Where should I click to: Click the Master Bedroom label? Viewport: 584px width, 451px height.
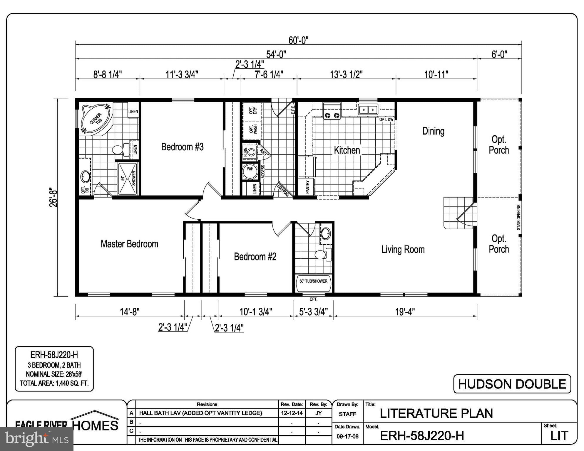pos(129,244)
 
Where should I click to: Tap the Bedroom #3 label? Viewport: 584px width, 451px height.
pos(182,147)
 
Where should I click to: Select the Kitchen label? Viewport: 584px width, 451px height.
pos(347,150)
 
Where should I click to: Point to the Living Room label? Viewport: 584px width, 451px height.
pos(403,250)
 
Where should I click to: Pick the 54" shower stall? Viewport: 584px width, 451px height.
pos(128,179)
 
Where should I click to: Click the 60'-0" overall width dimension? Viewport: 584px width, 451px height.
pos(298,40)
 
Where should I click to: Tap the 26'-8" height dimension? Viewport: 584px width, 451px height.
pos(53,197)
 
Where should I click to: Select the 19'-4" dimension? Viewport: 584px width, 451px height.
pos(405,312)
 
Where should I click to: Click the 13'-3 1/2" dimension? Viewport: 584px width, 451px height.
pos(346,75)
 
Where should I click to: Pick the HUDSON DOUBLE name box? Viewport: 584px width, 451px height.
pos(512,384)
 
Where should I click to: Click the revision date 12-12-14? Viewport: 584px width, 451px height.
pos(292,413)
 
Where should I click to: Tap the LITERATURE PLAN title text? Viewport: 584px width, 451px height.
pos(436,413)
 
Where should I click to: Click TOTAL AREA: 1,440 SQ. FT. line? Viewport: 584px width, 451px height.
pos(54,383)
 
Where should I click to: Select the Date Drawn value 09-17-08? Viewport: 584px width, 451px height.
pos(347,437)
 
